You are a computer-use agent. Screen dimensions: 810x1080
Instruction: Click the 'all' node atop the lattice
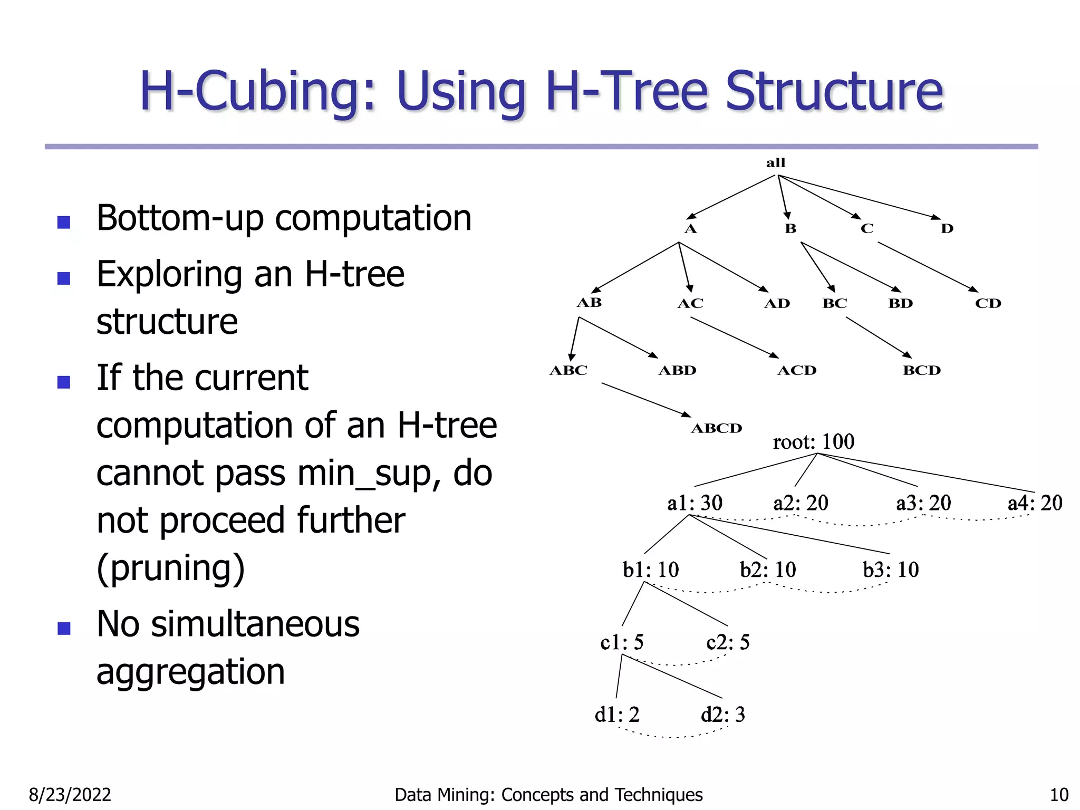[x=775, y=163]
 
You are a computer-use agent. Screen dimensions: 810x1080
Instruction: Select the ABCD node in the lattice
[x=716, y=428]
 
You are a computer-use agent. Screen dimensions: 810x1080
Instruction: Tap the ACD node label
[x=796, y=371]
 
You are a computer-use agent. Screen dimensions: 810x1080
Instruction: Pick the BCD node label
[x=921, y=371]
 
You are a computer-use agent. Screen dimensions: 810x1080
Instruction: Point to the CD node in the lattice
[x=988, y=304]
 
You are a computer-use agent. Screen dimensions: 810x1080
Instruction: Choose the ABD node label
[x=677, y=371]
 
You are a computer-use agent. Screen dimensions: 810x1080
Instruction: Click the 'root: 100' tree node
[x=813, y=442]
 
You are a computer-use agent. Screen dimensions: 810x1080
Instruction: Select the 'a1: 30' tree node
[x=695, y=503]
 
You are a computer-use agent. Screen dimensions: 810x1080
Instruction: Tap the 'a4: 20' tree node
[x=1035, y=503]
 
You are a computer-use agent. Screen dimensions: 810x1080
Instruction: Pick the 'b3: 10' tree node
[x=890, y=570]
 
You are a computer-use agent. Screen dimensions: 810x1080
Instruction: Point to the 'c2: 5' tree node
[x=728, y=642]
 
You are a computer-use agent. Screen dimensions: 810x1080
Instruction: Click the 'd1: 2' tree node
[x=617, y=715]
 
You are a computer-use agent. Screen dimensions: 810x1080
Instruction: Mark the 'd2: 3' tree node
[x=723, y=715]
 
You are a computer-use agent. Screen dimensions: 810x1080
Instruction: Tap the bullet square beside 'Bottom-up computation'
[x=64, y=222]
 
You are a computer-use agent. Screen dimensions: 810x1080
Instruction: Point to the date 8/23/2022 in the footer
[x=70, y=795]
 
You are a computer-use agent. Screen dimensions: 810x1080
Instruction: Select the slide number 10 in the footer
[x=1059, y=795]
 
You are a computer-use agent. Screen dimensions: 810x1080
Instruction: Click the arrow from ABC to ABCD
[x=646, y=399]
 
